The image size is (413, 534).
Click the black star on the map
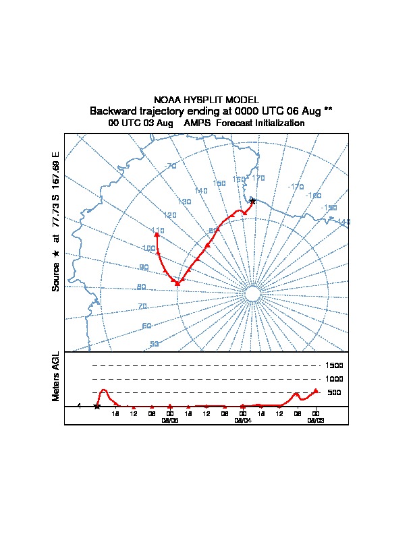click(252, 200)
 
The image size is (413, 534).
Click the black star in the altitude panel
click(97, 406)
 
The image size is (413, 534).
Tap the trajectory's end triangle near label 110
click(157, 235)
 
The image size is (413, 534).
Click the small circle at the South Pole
click(252, 294)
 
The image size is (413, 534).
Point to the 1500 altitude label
click(335, 365)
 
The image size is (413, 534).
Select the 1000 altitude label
click(335, 379)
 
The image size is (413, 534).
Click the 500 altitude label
click(334, 392)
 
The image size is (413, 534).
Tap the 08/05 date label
click(169, 419)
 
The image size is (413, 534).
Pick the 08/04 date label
click(242, 419)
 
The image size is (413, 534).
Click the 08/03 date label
click(315, 419)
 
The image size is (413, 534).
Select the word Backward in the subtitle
click(113, 111)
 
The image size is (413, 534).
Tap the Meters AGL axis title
click(56, 376)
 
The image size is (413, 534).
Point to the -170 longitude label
click(296, 186)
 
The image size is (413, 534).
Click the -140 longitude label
click(343, 222)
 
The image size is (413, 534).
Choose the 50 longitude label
click(154, 344)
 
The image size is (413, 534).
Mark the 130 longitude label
click(184, 202)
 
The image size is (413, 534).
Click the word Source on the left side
click(56, 276)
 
